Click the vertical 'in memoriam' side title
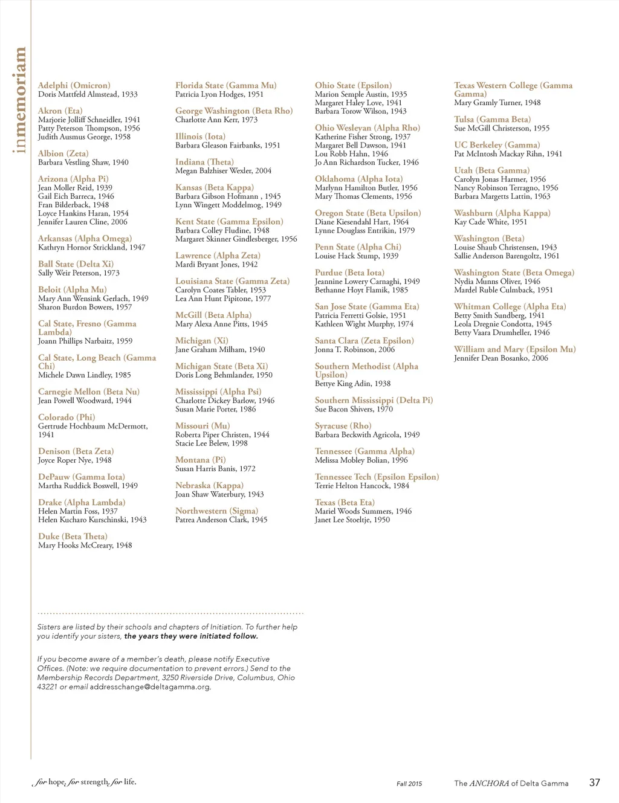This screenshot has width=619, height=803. pos(20,100)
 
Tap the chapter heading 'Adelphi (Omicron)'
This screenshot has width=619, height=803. pos(74,85)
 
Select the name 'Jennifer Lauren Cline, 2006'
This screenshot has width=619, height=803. pos(83,222)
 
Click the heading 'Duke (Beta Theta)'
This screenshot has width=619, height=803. pos(73,536)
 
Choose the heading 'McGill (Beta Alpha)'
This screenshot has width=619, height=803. pos(213,315)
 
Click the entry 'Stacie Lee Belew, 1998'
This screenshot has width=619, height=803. pos(212,443)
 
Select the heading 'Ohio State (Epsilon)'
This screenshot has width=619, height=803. pos(353,85)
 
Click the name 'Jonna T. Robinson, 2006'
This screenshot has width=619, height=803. pos(355,349)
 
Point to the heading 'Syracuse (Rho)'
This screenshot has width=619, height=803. pos(343,425)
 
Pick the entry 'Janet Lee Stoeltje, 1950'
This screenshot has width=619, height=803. pos(352,520)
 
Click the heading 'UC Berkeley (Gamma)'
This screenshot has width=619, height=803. pos(497,144)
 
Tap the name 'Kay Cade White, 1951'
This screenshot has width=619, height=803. pos(491,222)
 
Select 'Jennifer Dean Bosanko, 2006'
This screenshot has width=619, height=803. pos(501,358)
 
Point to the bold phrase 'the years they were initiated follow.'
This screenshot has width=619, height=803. pos(191,636)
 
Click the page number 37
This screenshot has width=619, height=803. pos(595,782)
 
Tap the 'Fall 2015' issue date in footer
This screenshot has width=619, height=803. pos(409,784)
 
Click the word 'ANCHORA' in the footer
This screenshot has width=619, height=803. pos(489,783)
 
